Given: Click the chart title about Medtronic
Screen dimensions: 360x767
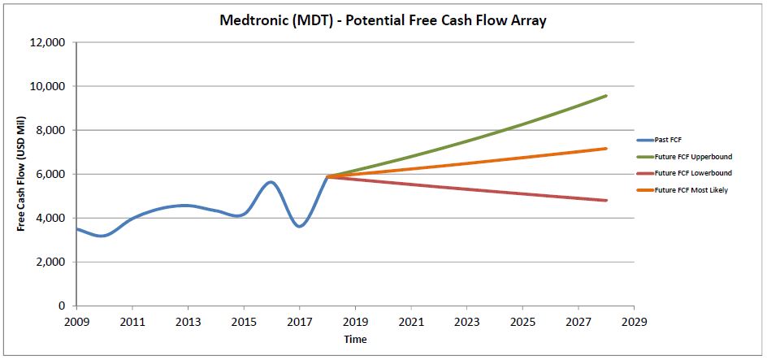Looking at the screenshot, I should [383, 21].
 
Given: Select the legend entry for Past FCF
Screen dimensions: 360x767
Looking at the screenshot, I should [669, 140].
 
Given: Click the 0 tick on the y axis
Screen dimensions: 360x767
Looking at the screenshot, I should [63, 306].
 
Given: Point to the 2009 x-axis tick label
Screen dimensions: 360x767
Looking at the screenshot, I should [76, 323].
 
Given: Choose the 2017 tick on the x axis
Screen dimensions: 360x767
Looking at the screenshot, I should [300, 323].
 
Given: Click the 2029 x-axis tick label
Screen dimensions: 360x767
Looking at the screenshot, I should [634, 323].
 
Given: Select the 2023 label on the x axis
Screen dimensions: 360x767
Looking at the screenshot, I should [466, 323].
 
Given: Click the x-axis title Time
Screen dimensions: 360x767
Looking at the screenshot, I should [355, 339].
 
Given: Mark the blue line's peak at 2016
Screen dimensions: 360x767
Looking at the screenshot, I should [271, 182].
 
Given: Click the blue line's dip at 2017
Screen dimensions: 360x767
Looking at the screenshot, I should [300, 226].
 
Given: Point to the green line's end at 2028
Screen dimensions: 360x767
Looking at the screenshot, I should [606, 96].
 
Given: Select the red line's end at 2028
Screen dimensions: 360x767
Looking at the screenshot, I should [606, 201].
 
